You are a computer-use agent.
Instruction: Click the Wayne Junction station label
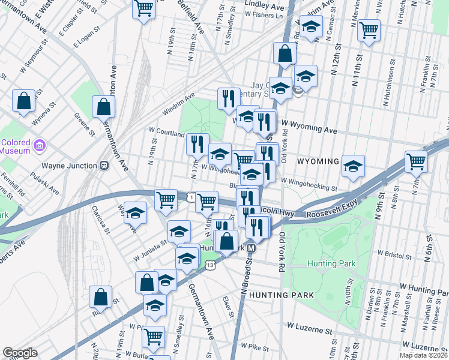pyautogui.click(x=69, y=166)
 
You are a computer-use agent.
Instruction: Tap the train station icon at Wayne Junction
pyautogui.click(x=103, y=166)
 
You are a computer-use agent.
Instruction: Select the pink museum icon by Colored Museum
pyautogui.click(x=39, y=145)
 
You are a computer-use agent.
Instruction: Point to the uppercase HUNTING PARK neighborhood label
pyautogui.click(x=282, y=295)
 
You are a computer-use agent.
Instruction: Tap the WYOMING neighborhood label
pyautogui.click(x=318, y=161)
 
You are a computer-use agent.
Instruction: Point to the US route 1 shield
pyautogui.click(x=190, y=197)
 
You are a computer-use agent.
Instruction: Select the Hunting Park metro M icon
pyautogui.click(x=252, y=248)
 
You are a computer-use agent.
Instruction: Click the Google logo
pyautogui.click(x=19, y=353)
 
